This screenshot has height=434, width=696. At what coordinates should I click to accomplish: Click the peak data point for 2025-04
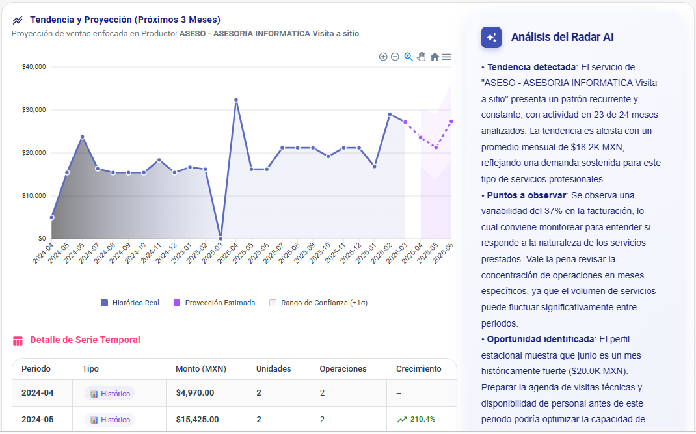point(236,100)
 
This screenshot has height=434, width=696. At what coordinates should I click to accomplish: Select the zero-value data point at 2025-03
point(221,238)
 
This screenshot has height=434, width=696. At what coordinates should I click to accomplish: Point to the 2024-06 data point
point(83,137)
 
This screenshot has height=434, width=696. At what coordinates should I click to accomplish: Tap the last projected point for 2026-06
point(451,122)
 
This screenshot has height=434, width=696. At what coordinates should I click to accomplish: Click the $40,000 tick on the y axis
point(33,67)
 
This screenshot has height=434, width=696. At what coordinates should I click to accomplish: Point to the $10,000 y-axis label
point(33,196)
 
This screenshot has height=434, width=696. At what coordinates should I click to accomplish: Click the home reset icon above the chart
point(435,57)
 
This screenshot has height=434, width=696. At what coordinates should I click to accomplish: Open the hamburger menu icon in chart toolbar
point(447,57)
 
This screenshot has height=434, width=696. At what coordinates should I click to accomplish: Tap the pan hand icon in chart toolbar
point(422,57)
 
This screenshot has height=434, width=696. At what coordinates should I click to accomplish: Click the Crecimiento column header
point(418,369)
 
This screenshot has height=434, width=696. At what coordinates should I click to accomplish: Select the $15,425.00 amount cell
point(197,420)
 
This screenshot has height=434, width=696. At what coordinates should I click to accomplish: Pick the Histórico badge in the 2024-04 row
point(109,394)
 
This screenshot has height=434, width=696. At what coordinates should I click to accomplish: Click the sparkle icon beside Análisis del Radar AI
point(491,38)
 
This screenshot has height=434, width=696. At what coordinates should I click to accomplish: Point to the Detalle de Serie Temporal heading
point(85,340)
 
